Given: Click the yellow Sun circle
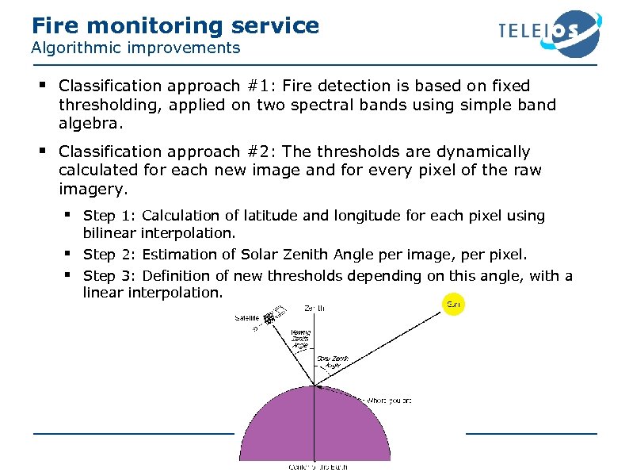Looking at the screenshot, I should (x=454, y=305).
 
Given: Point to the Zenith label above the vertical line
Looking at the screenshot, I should (x=314, y=308).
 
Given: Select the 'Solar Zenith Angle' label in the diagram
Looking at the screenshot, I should (x=334, y=362).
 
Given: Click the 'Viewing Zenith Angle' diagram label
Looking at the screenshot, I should (x=300, y=338).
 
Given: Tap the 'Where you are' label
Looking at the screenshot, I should (x=389, y=401).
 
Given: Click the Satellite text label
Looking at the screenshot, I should (x=246, y=318).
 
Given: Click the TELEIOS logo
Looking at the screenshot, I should (x=549, y=33).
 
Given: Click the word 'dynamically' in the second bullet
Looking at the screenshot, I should (x=482, y=152).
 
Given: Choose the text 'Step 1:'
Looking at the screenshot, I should (x=110, y=216).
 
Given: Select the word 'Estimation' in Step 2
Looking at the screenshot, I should (x=179, y=255).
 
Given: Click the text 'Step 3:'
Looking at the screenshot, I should (x=110, y=276).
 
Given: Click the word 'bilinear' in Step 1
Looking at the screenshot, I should (x=109, y=233).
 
